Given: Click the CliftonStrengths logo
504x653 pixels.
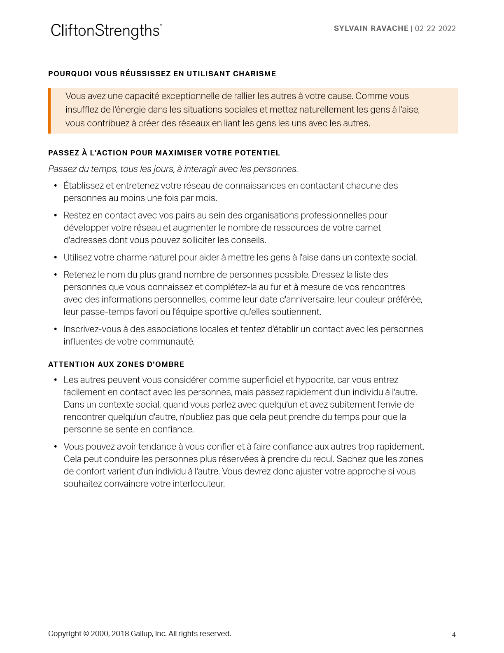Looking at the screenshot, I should [106, 31].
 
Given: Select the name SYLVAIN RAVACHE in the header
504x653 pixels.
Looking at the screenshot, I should [371, 28].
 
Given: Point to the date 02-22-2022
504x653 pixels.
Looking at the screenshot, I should [435, 28].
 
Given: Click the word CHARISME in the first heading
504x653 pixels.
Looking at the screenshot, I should [254, 74].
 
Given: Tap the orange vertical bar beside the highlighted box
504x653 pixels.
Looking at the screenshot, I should [49, 110].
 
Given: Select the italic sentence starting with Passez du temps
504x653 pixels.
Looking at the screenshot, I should [173, 169].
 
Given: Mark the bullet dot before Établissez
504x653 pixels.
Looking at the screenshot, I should [56, 186].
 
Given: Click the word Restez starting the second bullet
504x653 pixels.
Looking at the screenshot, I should [77, 215].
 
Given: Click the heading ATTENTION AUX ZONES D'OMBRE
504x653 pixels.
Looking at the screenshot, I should [116, 364].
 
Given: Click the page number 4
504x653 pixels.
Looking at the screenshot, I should [454, 635].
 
